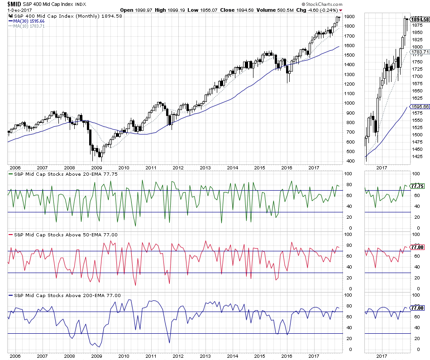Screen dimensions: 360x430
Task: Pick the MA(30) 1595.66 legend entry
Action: point(29,21)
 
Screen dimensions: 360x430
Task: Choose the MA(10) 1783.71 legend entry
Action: point(29,26)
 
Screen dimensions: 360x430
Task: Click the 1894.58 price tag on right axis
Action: point(420,19)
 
